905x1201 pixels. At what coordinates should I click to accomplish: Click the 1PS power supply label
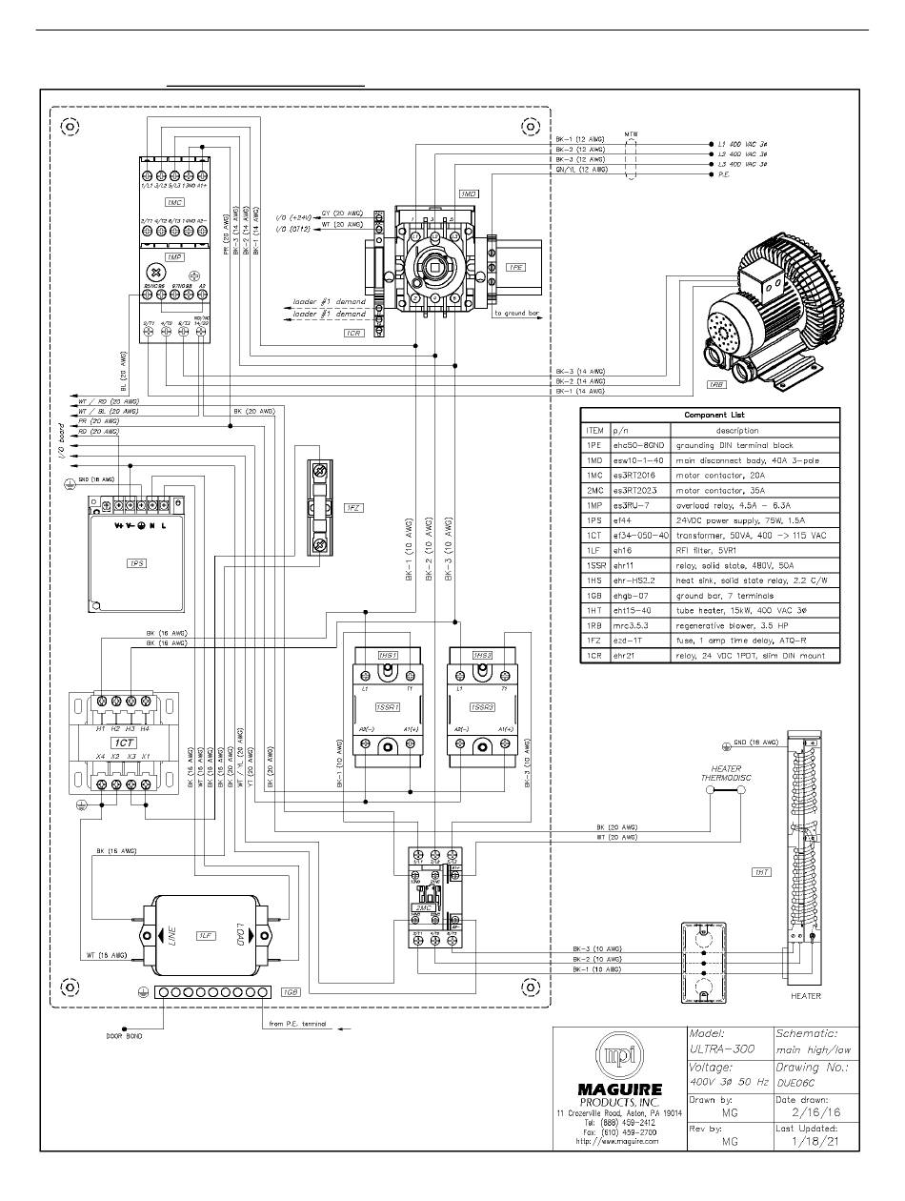(x=134, y=564)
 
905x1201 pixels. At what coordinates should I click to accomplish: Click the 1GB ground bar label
(x=291, y=992)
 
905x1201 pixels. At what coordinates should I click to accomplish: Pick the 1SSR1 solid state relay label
(x=387, y=707)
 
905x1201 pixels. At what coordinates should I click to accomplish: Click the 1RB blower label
(x=717, y=384)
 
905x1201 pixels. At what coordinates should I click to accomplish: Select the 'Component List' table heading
(x=710, y=415)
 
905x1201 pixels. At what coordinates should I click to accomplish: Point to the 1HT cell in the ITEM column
(x=594, y=610)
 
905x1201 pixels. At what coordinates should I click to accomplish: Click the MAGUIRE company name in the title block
(x=619, y=1089)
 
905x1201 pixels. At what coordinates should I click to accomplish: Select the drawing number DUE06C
(x=798, y=1084)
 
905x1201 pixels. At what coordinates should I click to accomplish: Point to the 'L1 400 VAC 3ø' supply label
(x=741, y=143)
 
